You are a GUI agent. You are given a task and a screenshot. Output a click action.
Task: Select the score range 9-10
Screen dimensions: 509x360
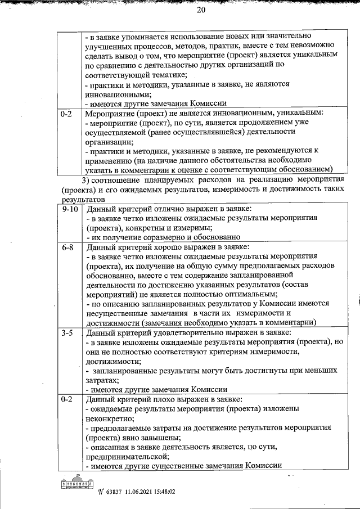(70, 209)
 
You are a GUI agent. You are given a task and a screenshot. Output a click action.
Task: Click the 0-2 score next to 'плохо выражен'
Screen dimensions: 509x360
(67, 399)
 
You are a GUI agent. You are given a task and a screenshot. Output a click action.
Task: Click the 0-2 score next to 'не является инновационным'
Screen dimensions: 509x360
(67, 113)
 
